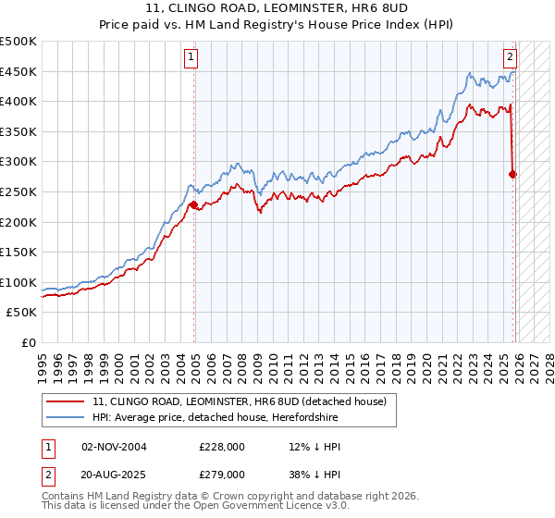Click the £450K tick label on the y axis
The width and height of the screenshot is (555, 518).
(18, 71)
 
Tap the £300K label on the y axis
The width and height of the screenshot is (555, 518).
(18, 162)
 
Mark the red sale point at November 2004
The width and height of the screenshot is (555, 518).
(193, 205)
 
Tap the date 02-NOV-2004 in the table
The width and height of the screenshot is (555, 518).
(114, 446)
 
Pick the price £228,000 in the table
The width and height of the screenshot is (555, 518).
(222, 446)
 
